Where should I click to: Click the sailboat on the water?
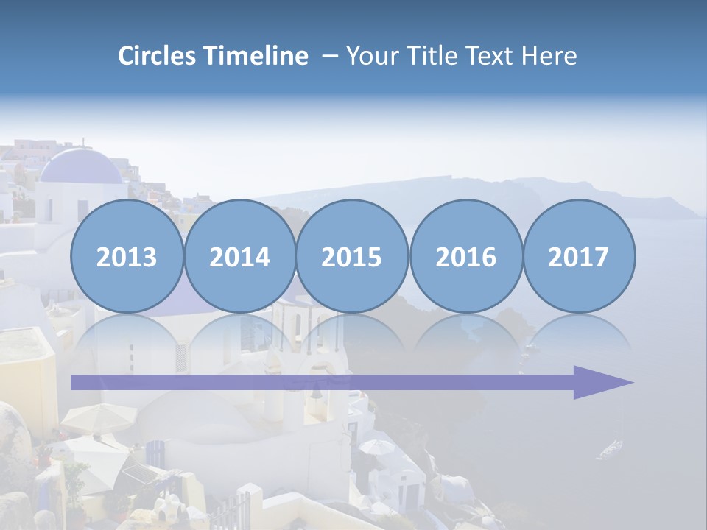pos(611,448)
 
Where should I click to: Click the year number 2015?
pos(352,258)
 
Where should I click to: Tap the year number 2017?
pos(578,258)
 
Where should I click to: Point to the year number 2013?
pos(127,258)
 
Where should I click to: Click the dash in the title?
pos(329,57)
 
